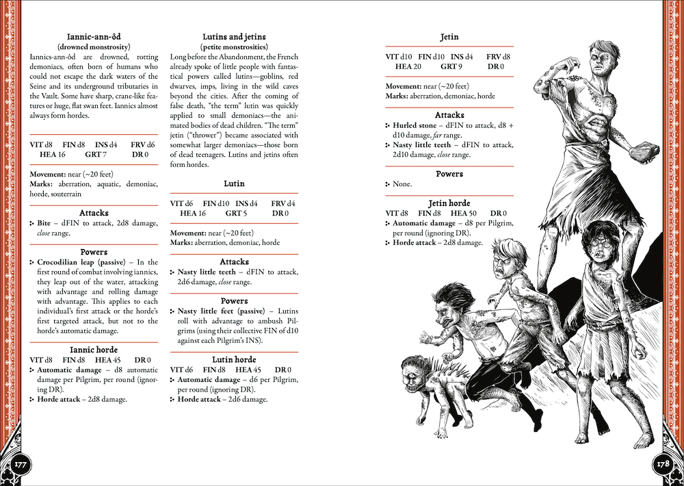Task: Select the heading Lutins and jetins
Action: point(235,36)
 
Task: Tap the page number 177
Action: point(20,464)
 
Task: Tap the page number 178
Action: point(663,464)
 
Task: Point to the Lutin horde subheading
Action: point(235,359)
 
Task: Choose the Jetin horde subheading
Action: point(449,203)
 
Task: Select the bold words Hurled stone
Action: point(415,126)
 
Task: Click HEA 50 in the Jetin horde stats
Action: point(462,214)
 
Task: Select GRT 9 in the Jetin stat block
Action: point(451,66)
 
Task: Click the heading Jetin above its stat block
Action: point(449,36)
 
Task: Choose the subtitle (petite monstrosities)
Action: point(235,46)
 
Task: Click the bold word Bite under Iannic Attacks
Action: point(45,223)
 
